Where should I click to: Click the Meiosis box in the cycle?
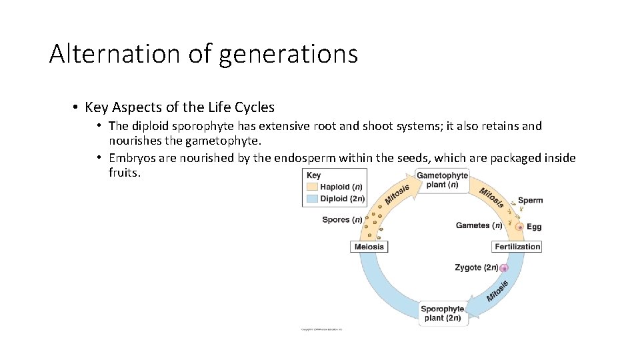[369, 247]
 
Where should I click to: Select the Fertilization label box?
[517, 247]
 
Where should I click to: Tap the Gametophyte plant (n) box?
[442, 180]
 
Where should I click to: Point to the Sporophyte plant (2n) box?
[442, 313]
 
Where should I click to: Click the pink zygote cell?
[504, 268]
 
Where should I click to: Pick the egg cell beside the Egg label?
[520, 227]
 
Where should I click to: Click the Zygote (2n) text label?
[477, 267]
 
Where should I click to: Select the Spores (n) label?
[342, 220]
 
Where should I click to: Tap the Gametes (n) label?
[479, 225]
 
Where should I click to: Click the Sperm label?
[530, 200]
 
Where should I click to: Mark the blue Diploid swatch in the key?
[312, 199]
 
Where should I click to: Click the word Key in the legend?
[313, 176]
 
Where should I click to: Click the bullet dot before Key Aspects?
[77, 107]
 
